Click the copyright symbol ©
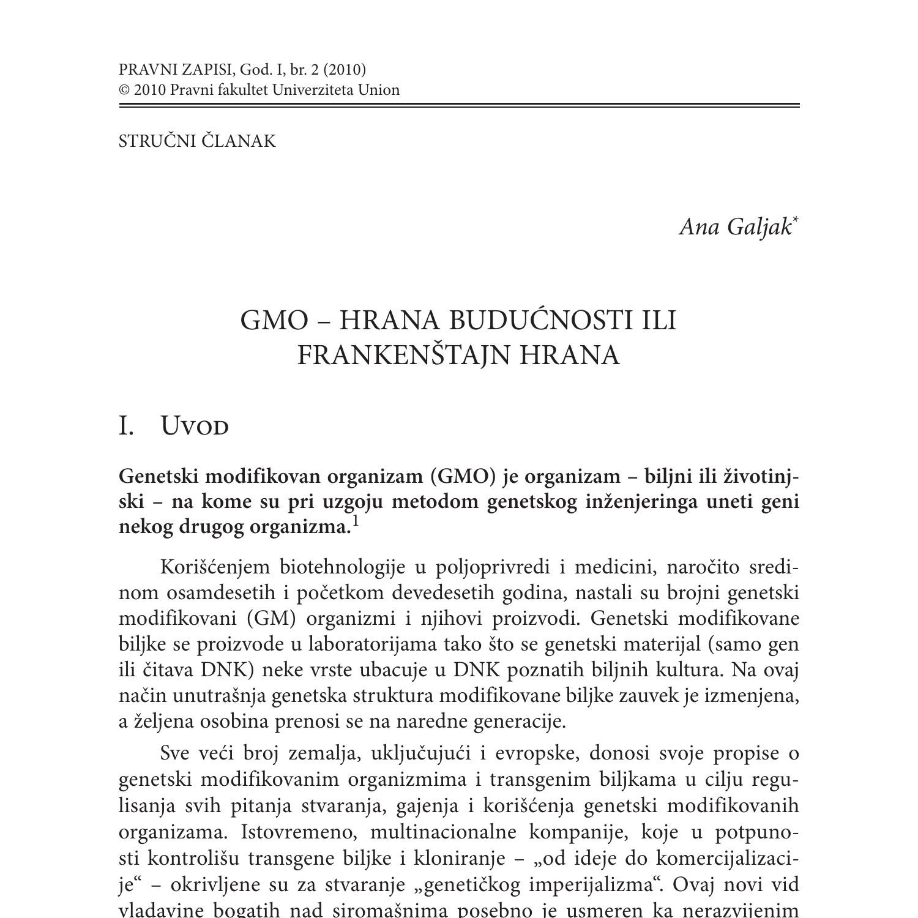tap(124, 90)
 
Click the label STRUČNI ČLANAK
tap(197, 141)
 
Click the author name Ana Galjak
tap(735, 227)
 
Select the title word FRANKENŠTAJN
tap(405, 355)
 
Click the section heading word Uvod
tap(195, 426)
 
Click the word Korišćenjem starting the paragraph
tap(215, 567)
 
